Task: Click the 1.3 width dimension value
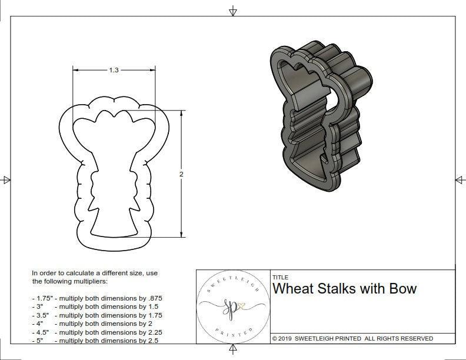[114, 70]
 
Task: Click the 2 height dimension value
[181, 174]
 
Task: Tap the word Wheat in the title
[293, 288]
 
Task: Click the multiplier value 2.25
[154, 332]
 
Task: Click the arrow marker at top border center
[233, 11]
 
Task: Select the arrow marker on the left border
[6, 180]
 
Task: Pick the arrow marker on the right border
[460, 180]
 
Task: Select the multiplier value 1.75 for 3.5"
[154, 315]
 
